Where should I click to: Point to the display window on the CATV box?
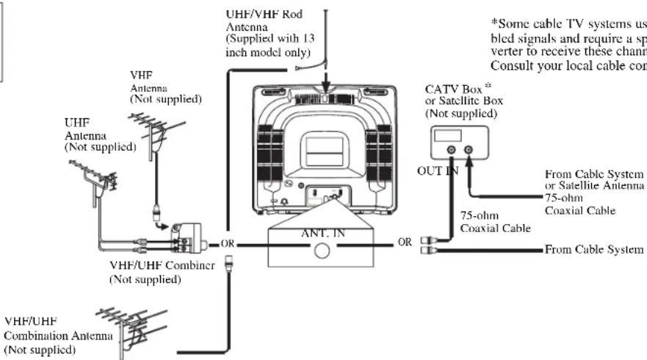448,136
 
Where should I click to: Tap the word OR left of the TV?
227,244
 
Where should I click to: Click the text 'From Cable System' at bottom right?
597,248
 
